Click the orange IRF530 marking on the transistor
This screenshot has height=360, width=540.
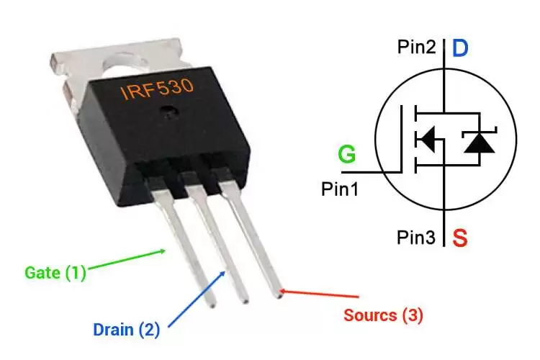pos(157,89)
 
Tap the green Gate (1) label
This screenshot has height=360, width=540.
pos(55,273)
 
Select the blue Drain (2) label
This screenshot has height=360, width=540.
pos(127,329)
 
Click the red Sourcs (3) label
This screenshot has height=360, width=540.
pos(383,315)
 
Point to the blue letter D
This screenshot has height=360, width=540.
pos(460,48)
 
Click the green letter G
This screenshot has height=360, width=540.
pos(346,153)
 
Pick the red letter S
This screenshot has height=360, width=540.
pos(460,238)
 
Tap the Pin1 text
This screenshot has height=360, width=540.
pos(340,189)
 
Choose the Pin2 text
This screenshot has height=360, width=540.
pos(417,47)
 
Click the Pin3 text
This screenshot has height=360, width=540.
pos(416,238)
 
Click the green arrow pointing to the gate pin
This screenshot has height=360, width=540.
pos(127,259)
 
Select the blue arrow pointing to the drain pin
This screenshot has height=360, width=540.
pos(197,299)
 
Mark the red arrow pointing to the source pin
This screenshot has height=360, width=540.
pos(318,294)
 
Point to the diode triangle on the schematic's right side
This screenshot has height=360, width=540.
pos(480,143)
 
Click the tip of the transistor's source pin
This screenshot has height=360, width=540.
pos(278,296)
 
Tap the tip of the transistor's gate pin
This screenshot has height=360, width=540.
pos(212,305)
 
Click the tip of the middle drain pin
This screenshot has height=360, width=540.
pos(245,301)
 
